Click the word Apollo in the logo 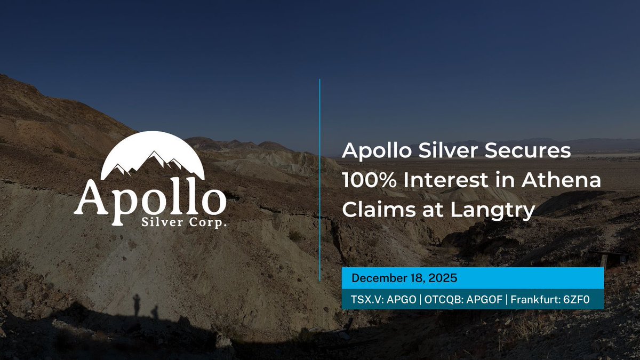[x=150, y=197]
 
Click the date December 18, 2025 [x=404, y=278]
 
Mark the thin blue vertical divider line [x=319, y=181]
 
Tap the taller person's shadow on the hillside [x=138, y=305]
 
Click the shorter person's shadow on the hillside [x=154, y=311]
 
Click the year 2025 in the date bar [x=445, y=278]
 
